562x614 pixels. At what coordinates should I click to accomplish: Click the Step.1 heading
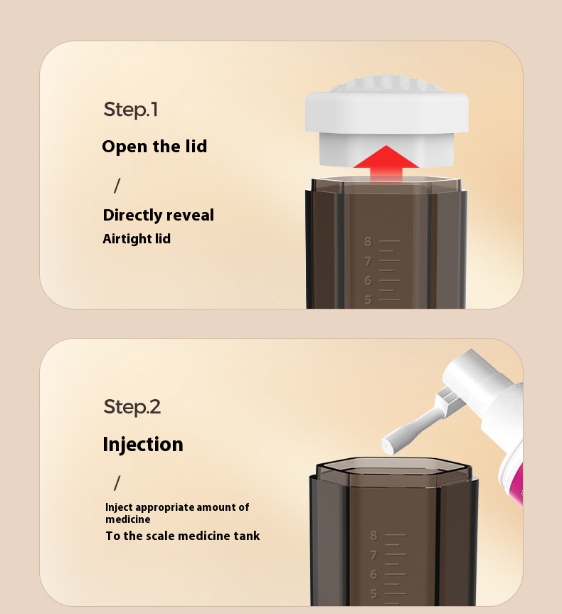click(x=131, y=110)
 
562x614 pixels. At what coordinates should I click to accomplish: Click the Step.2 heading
click(x=132, y=407)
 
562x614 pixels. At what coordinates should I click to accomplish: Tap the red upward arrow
click(x=386, y=163)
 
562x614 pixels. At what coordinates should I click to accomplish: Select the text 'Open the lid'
click(x=154, y=147)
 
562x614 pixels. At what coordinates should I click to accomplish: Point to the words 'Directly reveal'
click(x=158, y=215)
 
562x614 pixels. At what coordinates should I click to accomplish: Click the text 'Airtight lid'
click(x=137, y=239)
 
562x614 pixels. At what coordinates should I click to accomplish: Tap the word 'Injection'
click(x=143, y=445)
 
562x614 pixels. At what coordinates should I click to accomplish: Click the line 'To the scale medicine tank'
click(x=183, y=536)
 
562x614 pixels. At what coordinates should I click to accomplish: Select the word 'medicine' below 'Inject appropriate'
click(x=127, y=519)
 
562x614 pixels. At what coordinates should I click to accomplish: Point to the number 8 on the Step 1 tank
click(x=368, y=242)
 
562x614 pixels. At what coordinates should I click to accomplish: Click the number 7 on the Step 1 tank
click(x=368, y=261)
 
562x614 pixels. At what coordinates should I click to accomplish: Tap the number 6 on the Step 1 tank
click(x=368, y=280)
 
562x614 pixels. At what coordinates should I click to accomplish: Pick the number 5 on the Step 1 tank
click(x=368, y=300)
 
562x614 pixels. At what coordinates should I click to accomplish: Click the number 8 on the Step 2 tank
click(x=373, y=535)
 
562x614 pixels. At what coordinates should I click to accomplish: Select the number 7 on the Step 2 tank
click(x=373, y=555)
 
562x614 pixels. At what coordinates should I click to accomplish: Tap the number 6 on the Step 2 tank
click(x=373, y=574)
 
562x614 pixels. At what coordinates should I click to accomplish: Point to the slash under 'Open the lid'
click(x=117, y=186)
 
